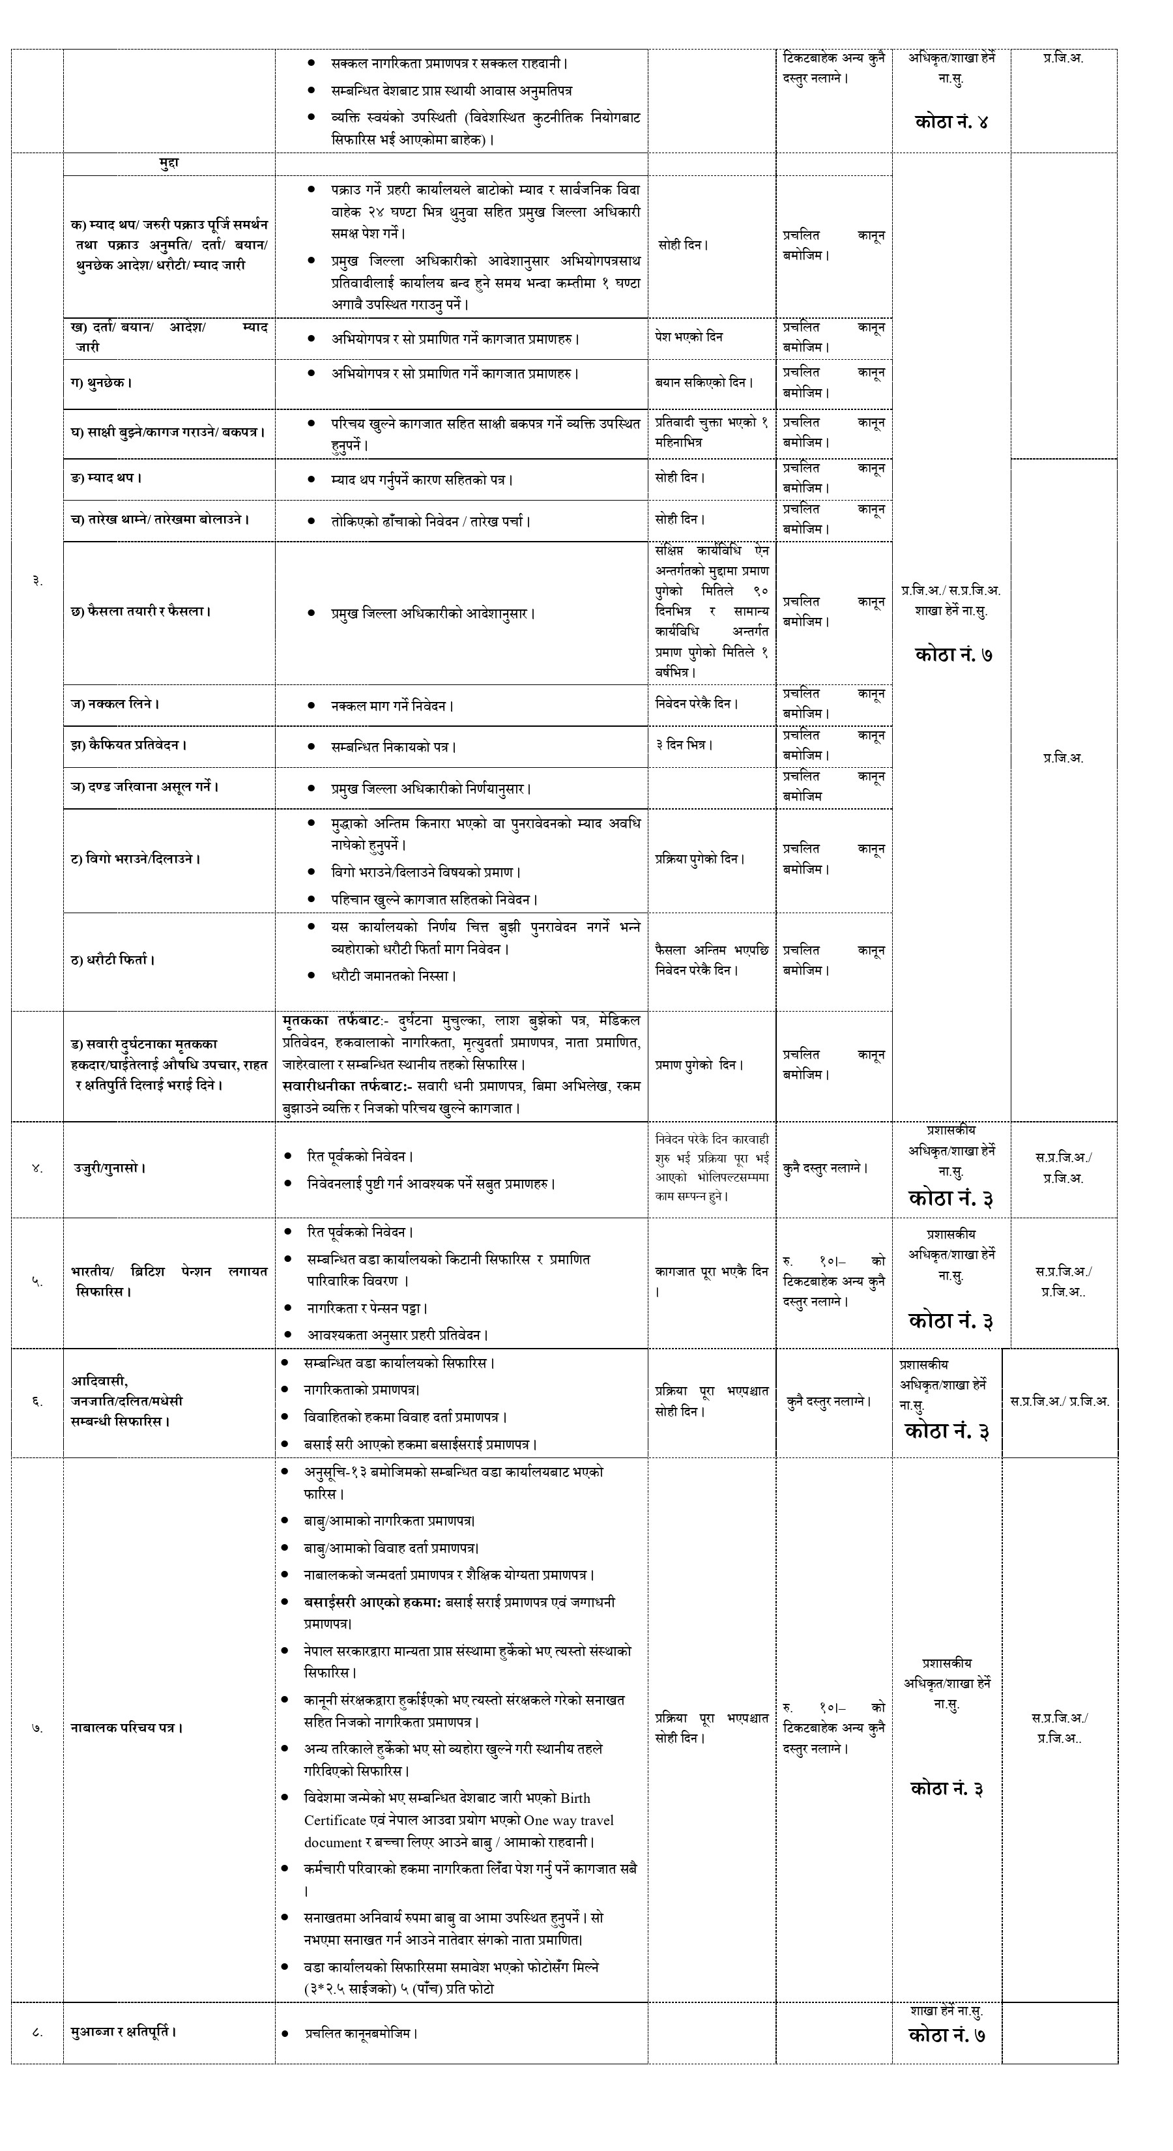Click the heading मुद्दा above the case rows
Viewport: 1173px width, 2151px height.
pyautogui.click(x=169, y=164)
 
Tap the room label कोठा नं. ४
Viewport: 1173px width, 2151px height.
pyautogui.click(x=951, y=122)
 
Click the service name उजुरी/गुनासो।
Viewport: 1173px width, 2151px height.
pyautogui.click(x=109, y=1168)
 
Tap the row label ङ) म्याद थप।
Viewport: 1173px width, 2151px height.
pyautogui.click(x=106, y=478)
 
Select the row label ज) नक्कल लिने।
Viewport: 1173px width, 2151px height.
pyautogui.click(x=115, y=704)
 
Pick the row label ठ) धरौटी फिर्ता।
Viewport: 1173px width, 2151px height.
pyautogui.click(x=113, y=960)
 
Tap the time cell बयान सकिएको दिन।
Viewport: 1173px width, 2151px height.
pyautogui.click(x=704, y=383)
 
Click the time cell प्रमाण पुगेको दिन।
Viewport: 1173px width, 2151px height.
pyautogui.click(x=699, y=1066)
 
